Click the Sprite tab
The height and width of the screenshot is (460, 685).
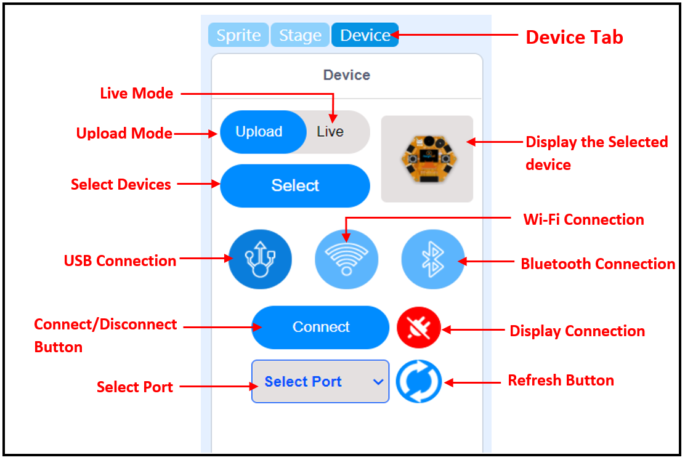coord(238,35)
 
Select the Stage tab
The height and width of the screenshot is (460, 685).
coord(300,35)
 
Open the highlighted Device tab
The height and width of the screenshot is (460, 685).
coord(365,35)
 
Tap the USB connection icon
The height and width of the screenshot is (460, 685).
coord(260,260)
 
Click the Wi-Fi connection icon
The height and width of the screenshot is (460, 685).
coord(346,260)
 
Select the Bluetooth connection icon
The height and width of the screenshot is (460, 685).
coord(432,260)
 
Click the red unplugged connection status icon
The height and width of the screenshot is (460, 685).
coord(419,328)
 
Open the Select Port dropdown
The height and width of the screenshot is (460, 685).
coord(320,382)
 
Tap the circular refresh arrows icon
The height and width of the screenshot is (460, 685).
coord(419,382)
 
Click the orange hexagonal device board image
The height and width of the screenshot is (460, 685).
coord(427,158)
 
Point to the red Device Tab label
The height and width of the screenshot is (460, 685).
coord(574,37)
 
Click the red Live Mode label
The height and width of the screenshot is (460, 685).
coord(137,94)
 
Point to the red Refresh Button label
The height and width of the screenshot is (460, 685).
coord(561,381)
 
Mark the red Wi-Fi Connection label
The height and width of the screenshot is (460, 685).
coord(583,220)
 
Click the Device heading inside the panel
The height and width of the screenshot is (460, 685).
coord(347,75)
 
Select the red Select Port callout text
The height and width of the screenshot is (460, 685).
coord(135,387)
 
